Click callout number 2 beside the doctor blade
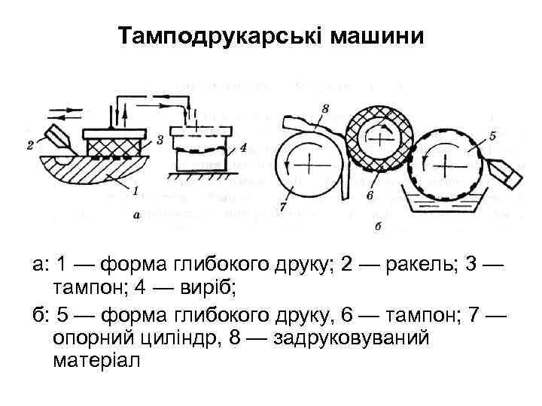tap(30, 144)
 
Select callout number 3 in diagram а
tap(160, 140)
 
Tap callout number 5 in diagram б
tap(492, 135)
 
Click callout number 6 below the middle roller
tap(370, 195)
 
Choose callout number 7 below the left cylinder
tap(283, 205)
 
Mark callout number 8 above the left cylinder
tap(324, 109)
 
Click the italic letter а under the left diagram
tap(137, 215)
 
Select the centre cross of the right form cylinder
tap(447, 164)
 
